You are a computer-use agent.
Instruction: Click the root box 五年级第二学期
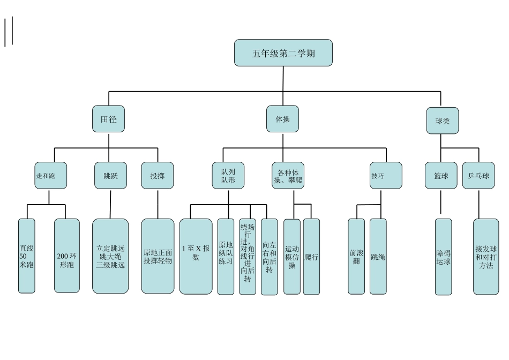tap(283, 53)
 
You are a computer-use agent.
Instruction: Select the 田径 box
tap(108, 119)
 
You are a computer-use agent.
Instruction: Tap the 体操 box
tap(282, 119)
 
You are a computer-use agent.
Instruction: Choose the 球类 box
tap(442, 121)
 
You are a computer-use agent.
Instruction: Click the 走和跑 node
tap(51, 176)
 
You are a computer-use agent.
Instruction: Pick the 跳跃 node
tap(111, 176)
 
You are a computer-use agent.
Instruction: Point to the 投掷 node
tap(158, 176)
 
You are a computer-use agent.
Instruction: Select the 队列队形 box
tap(228, 176)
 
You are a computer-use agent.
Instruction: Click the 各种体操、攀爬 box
tap(288, 176)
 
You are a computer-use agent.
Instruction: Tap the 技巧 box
tap(386, 176)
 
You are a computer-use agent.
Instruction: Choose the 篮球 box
tap(441, 176)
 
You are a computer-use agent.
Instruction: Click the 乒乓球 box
tap(478, 176)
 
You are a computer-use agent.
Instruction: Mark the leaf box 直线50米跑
tap(27, 256)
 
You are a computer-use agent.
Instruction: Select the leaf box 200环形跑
tap(67, 256)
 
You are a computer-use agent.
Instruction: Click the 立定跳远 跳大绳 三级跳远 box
tap(110, 256)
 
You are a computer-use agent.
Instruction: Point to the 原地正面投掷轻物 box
tap(158, 256)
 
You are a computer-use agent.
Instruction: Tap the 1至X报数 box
tap(196, 256)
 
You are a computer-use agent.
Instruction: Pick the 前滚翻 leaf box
tap(356, 256)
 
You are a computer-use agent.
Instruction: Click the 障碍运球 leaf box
tap(443, 257)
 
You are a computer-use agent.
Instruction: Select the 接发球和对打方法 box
tap(486, 257)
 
